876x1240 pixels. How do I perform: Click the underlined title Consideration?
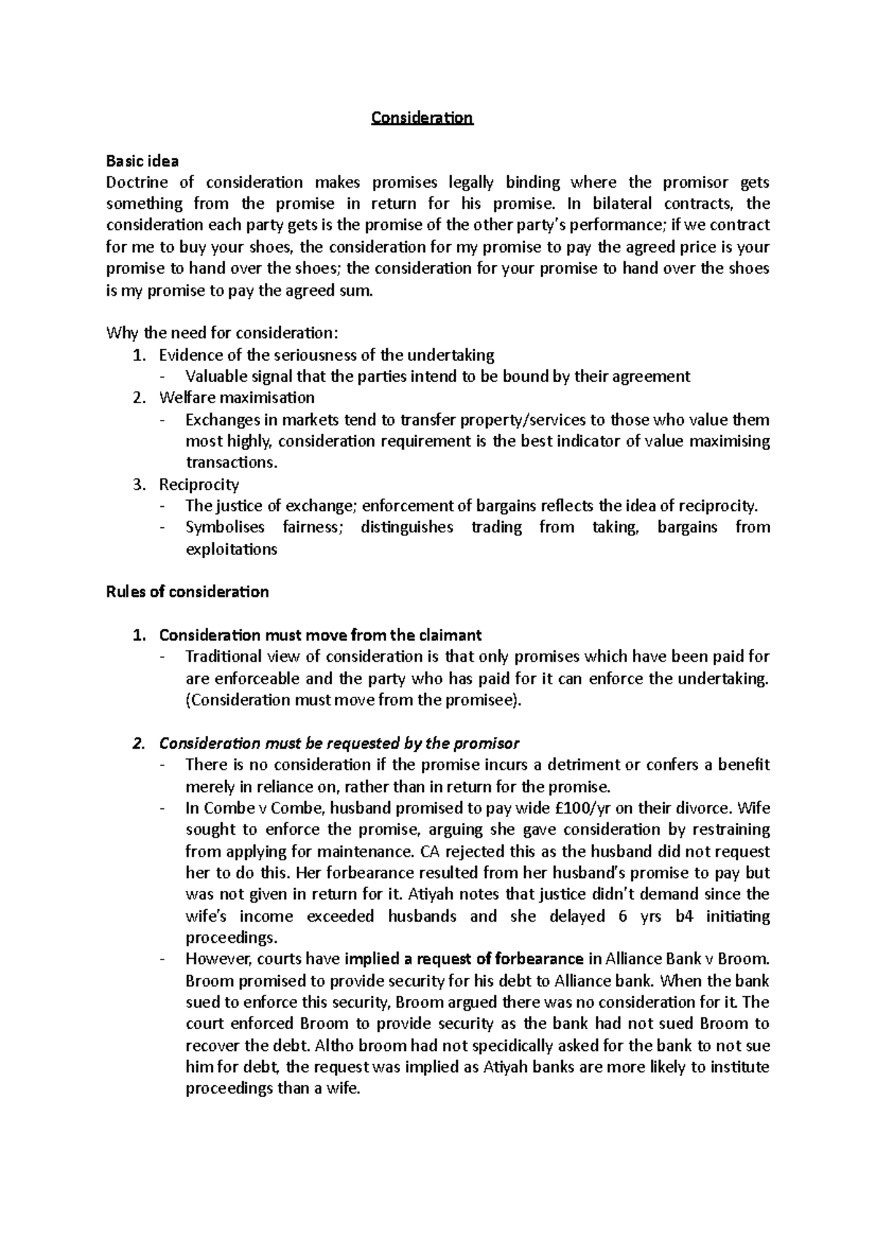point(422,118)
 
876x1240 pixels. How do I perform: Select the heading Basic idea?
point(142,161)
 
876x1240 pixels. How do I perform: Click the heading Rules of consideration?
point(188,592)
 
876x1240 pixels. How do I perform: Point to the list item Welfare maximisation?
point(237,398)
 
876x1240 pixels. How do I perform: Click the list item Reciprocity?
point(199,484)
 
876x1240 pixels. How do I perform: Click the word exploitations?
point(231,549)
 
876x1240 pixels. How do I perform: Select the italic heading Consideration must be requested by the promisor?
point(339,743)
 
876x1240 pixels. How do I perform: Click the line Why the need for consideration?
point(223,334)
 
